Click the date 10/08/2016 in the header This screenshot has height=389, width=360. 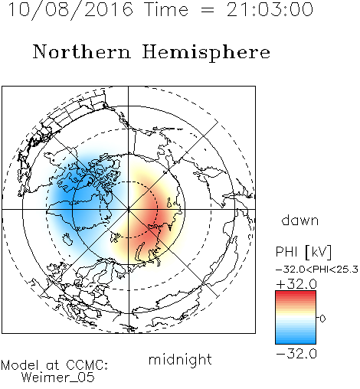pyautogui.click(x=70, y=10)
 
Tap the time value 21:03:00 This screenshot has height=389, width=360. pyautogui.click(x=270, y=9)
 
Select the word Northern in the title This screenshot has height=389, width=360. pyautogui.click(x=82, y=52)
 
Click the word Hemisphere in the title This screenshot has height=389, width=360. pyautogui.click(x=206, y=53)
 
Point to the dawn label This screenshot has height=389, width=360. pyautogui.click(x=300, y=220)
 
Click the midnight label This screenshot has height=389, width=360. pyautogui.click(x=180, y=360)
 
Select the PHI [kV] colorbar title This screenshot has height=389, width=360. pyautogui.click(x=303, y=252)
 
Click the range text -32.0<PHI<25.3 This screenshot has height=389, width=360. pyautogui.click(x=317, y=270)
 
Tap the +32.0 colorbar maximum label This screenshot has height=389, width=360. pyautogui.click(x=296, y=284)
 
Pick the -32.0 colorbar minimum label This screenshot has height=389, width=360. pyautogui.click(x=296, y=354)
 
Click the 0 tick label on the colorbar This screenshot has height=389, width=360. pyautogui.click(x=322, y=319)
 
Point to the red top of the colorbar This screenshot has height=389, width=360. pyautogui.click(x=296, y=295)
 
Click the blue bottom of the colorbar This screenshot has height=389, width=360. pyautogui.click(x=296, y=339)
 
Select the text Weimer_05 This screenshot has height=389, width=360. pyautogui.click(x=58, y=378)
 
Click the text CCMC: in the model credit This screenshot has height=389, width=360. pyautogui.click(x=87, y=365)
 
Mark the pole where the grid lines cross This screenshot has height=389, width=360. pyautogui.click(x=128, y=209)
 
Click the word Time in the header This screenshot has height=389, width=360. pyautogui.click(x=166, y=9)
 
